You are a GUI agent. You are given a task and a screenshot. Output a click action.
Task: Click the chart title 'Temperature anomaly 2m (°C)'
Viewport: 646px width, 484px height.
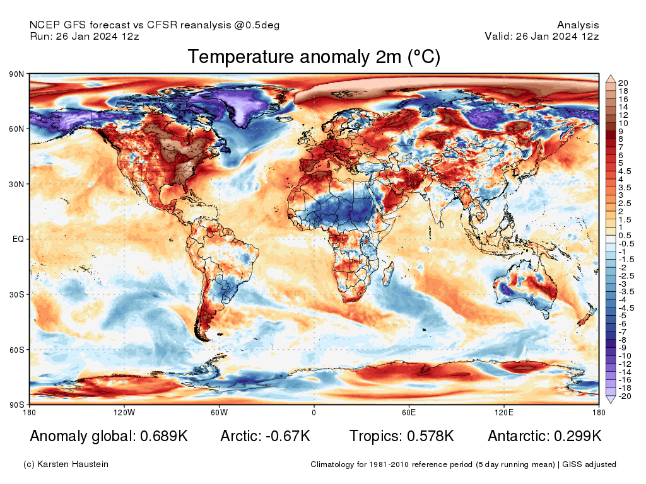point(314,57)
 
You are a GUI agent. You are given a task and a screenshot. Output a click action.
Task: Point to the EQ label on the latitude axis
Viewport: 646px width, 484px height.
point(18,239)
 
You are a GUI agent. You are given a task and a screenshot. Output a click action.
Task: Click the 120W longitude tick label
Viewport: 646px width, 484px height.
point(124,413)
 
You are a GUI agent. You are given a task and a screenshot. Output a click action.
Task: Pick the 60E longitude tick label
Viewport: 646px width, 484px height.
point(408,413)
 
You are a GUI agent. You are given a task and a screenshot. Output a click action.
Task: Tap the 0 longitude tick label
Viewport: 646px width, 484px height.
point(314,413)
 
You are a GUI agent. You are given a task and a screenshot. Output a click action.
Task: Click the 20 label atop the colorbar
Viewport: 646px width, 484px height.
point(623,83)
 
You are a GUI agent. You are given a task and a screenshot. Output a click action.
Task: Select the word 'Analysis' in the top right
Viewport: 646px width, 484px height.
point(578,25)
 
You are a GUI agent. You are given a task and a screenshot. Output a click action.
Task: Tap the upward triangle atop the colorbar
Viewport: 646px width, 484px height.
point(611,79)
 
